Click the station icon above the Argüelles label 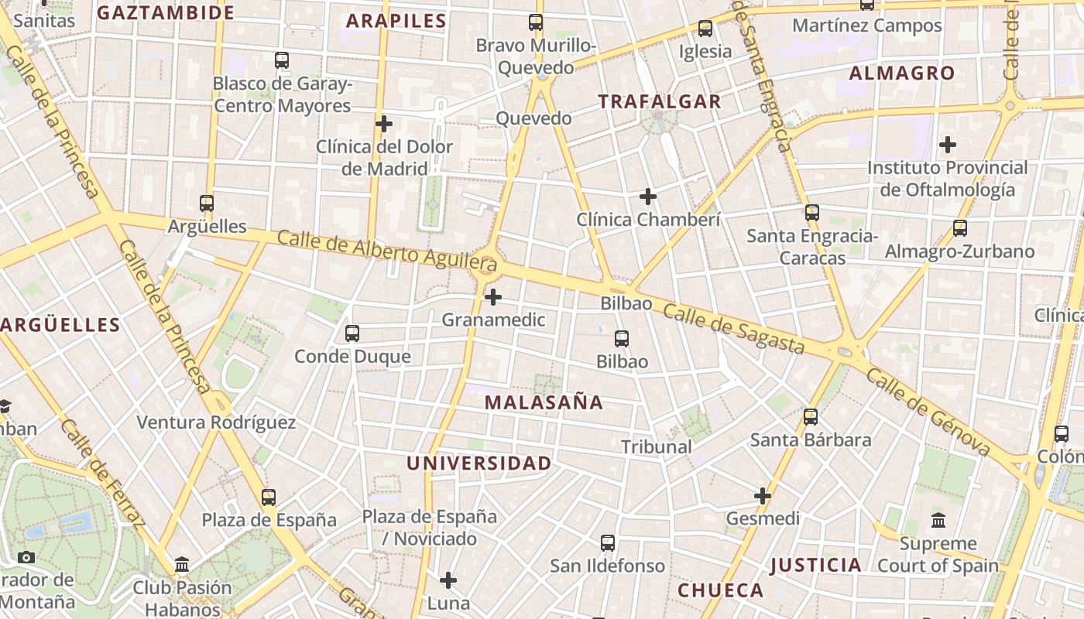click(x=207, y=203)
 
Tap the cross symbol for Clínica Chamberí click(x=648, y=197)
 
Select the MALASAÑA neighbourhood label click(x=544, y=402)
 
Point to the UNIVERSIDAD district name click(x=479, y=463)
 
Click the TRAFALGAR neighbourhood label click(x=660, y=101)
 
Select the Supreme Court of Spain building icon click(x=938, y=520)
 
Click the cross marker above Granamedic click(x=493, y=297)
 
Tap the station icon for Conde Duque click(x=352, y=333)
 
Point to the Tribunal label click(x=657, y=446)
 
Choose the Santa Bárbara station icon click(x=811, y=417)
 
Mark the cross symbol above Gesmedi click(x=763, y=495)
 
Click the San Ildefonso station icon click(x=608, y=543)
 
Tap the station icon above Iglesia click(x=705, y=29)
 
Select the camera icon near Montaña click(x=26, y=557)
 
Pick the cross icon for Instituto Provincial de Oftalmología click(x=948, y=145)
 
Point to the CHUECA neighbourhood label click(x=721, y=590)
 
